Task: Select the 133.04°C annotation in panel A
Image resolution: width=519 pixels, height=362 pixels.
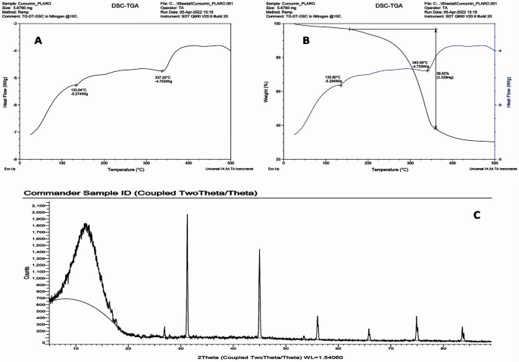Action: click(83, 92)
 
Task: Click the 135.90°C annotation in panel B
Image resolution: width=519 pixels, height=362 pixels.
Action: click(336, 78)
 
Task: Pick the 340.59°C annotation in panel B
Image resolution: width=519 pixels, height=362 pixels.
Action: click(421, 64)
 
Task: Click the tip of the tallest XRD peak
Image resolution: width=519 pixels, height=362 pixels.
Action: click(187, 215)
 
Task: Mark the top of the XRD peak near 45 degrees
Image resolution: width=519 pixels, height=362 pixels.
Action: click(259, 249)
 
